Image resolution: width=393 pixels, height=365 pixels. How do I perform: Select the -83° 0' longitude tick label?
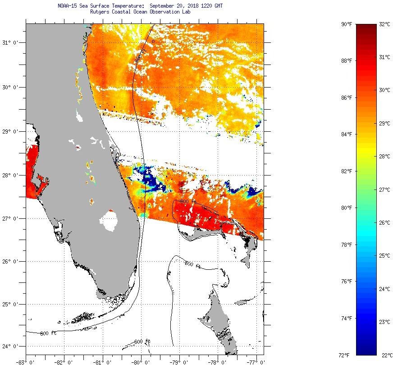(x=26, y=361)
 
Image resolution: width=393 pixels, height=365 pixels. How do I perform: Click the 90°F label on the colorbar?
(x=346, y=24)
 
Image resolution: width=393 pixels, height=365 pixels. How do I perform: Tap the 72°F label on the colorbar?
(x=346, y=355)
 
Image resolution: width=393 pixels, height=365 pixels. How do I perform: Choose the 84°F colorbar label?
(x=346, y=134)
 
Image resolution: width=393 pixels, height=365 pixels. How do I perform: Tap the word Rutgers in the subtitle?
(x=101, y=12)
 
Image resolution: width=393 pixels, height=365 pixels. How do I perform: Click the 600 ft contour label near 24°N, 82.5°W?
(x=48, y=333)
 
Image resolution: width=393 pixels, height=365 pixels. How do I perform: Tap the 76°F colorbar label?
(x=346, y=282)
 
